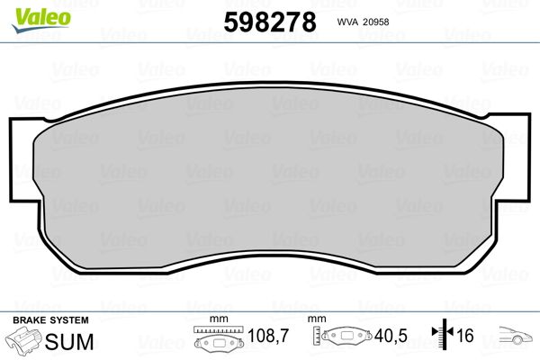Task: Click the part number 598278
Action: [x=270, y=22]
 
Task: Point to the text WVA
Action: [x=347, y=22]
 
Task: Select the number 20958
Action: [x=375, y=22]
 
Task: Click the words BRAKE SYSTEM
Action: [x=50, y=320]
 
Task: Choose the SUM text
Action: [x=69, y=342]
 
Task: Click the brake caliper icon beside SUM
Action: [x=23, y=340]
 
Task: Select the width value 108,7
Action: [x=268, y=336]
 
